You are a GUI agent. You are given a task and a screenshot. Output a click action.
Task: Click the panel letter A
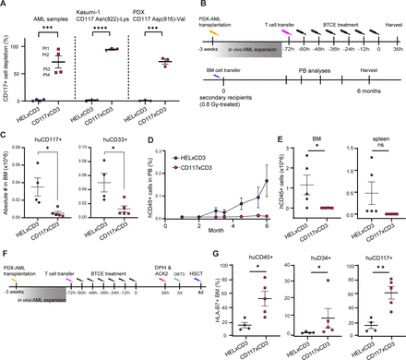tap(6, 6)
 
